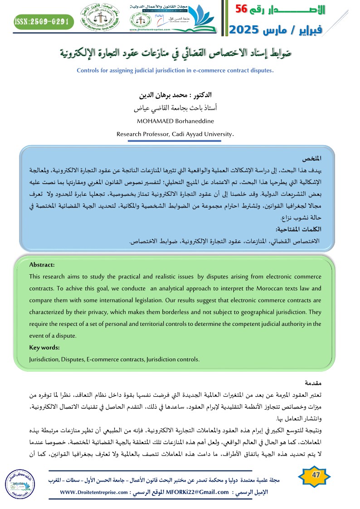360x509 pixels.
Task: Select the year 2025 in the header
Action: (x=245, y=30)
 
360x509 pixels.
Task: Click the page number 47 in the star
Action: (x=314, y=474)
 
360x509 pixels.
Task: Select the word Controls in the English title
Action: (x=90, y=71)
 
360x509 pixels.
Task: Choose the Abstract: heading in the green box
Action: (x=42, y=265)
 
